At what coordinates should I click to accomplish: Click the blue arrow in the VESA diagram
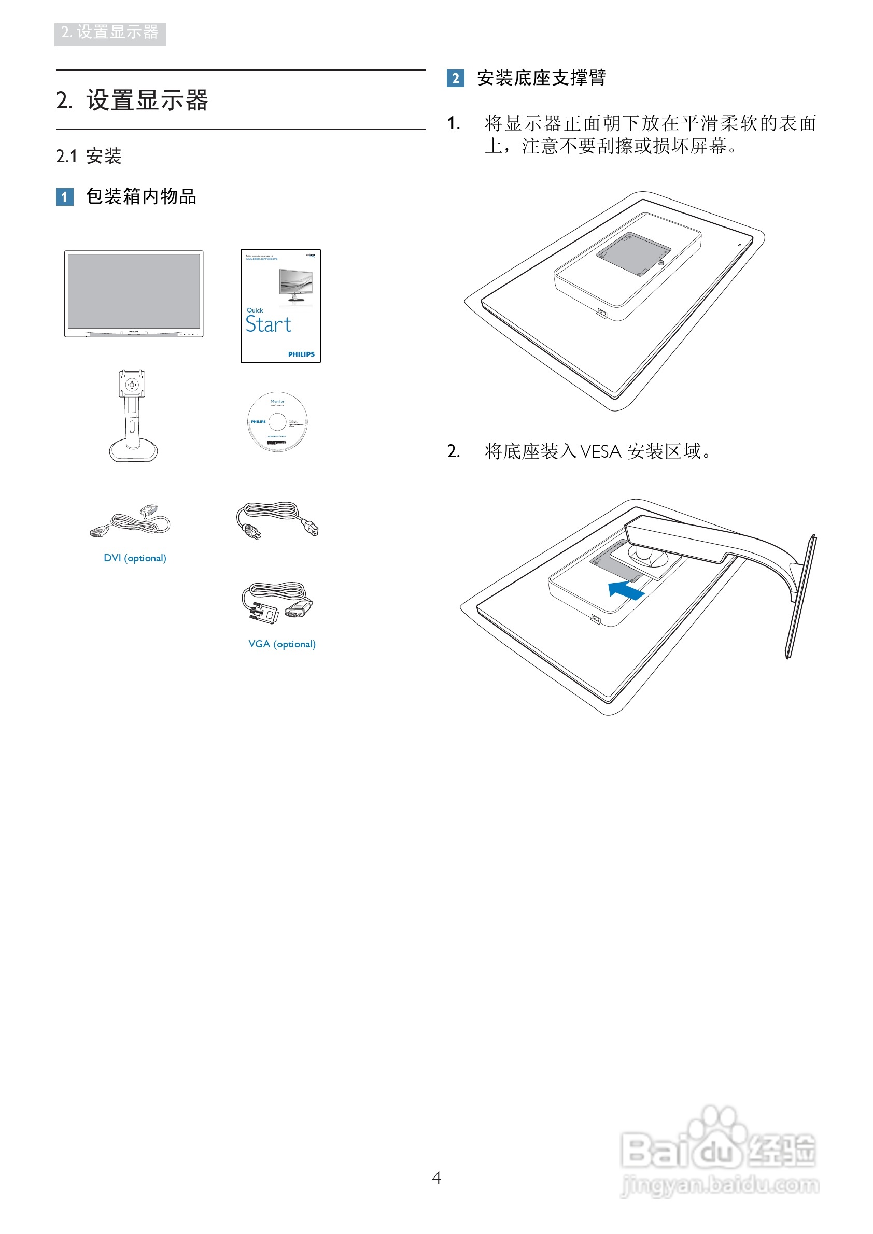coord(626,590)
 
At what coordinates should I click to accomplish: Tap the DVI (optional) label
coord(135,558)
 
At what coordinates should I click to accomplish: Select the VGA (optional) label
coord(281,644)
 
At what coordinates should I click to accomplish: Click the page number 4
coord(436,1178)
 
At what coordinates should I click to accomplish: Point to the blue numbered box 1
coord(64,197)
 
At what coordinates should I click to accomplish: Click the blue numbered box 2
coord(455,78)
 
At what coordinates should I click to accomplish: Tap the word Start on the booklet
coord(268,324)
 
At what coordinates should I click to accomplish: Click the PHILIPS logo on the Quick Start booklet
coord(301,354)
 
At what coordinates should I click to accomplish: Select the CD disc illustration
coord(277,421)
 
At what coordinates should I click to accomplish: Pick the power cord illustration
coord(277,520)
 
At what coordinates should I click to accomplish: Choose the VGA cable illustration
coord(277,603)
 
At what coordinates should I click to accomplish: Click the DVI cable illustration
coord(131,521)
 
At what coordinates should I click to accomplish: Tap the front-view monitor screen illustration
coord(134,293)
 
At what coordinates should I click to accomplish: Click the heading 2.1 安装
coord(89,157)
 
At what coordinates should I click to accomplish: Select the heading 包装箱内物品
coord(141,197)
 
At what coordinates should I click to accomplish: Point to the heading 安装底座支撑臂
coord(541,78)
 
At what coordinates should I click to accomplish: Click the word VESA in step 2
coord(600,451)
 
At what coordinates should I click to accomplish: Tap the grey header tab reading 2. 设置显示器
coord(110,34)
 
